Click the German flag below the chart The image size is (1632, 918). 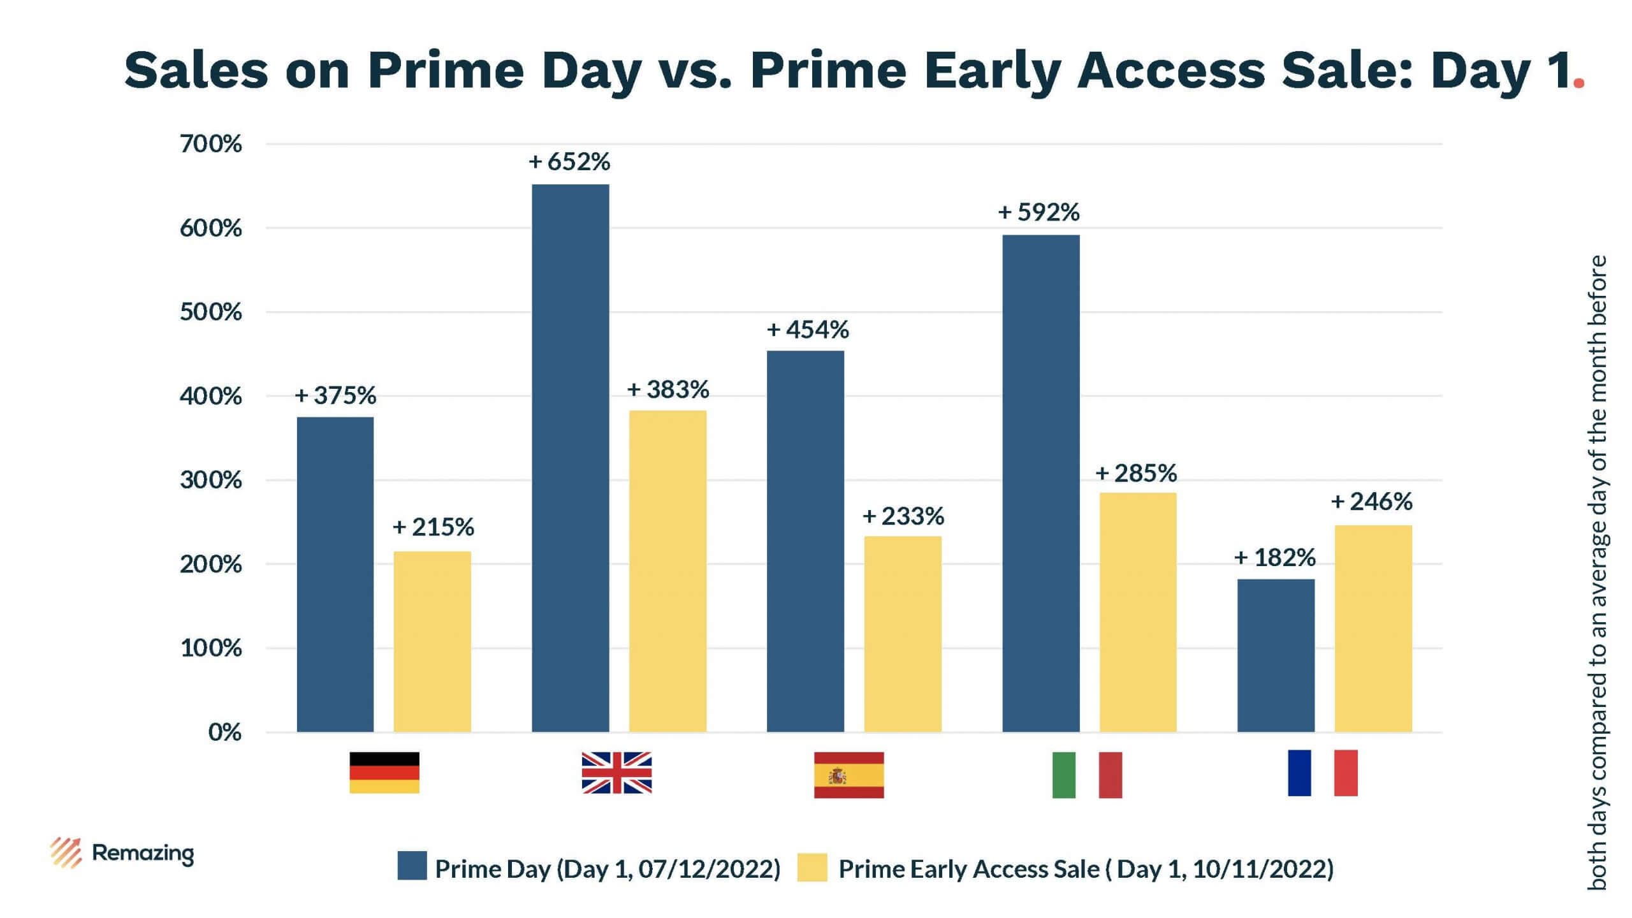[x=384, y=773]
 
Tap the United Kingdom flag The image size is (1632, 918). [x=616, y=773]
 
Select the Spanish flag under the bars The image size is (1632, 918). [x=849, y=775]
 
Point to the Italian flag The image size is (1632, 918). [x=1087, y=775]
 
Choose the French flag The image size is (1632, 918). [x=1322, y=773]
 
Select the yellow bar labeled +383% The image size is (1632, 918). [x=667, y=571]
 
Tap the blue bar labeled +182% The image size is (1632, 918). [x=1276, y=655]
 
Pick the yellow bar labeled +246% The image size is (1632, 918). [x=1373, y=628]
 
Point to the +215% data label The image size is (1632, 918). [x=433, y=527]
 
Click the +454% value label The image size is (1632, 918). [x=808, y=330]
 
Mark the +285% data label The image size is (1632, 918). [x=1136, y=473]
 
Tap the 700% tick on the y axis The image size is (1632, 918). [x=211, y=144]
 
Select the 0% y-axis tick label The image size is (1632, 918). [x=224, y=732]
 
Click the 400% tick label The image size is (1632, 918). [x=211, y=397]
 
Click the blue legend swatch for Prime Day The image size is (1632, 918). [x=412, y=866]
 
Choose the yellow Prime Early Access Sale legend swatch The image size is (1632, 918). [x=812, y=868]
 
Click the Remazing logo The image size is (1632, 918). [x=122, y=853]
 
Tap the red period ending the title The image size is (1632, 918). [x=1578, y=83]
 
